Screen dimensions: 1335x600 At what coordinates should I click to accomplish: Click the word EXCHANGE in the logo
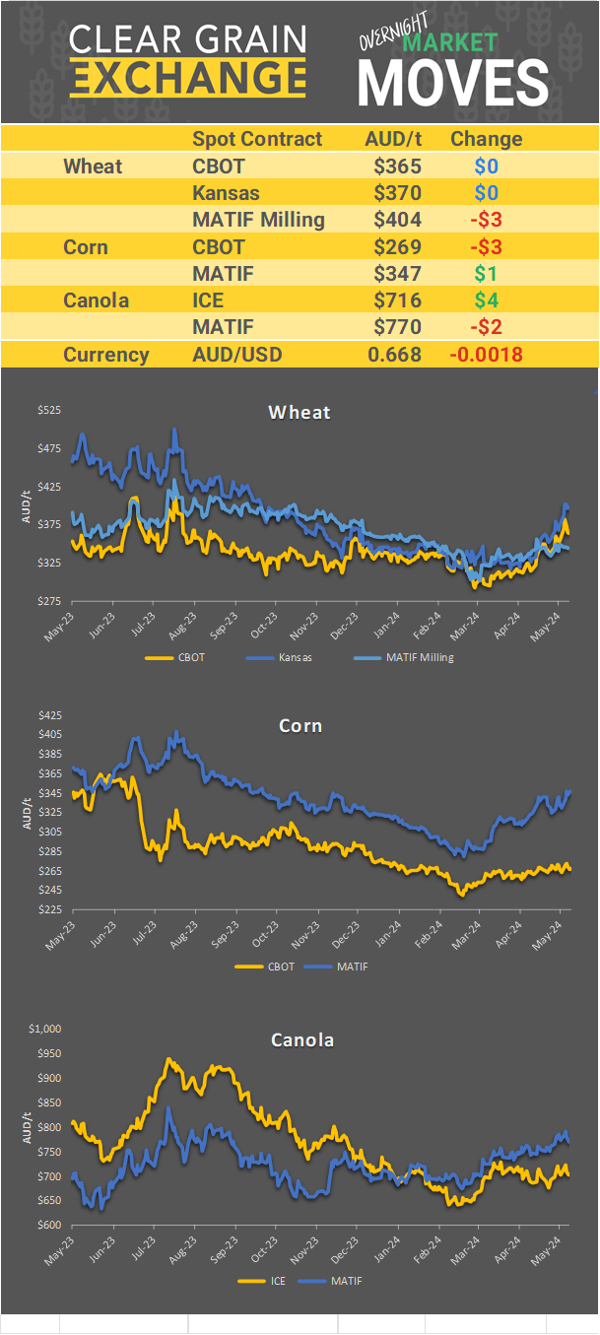(188, 77)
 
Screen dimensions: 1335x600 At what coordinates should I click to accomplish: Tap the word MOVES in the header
(452, 83)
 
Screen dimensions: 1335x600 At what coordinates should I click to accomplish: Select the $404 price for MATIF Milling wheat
(397, 220)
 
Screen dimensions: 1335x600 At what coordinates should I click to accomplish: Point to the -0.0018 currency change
(487, 355)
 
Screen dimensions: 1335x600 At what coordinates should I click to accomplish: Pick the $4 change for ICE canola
(487, 300)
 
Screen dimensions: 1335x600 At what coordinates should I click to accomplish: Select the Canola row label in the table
(96, 300)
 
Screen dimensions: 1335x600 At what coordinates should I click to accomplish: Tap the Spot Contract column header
(257, 139)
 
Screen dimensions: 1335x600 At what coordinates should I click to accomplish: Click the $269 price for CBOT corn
(397, 246)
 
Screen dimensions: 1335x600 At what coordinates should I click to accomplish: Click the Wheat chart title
(300, 412)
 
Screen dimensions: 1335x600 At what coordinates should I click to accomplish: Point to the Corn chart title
(300, 726)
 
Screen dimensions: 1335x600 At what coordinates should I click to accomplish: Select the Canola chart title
(300, 1039)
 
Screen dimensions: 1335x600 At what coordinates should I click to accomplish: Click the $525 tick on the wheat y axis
(48, 410)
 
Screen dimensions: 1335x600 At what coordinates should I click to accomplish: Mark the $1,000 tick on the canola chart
(44, 1029)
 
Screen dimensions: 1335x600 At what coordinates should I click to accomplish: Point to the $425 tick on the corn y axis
(48, 715)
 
